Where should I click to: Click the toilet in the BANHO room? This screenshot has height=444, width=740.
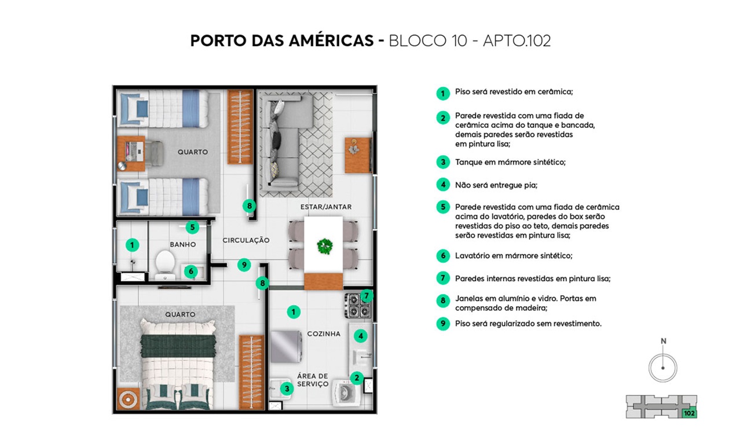tap(165, 265)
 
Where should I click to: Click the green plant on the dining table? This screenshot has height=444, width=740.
tap(325, 247)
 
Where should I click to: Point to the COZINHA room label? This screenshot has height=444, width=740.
tap(324, 333)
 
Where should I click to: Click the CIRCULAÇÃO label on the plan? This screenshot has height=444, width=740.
tap(246, 240)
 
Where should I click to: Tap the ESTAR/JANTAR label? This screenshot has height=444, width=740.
tap(326, 207)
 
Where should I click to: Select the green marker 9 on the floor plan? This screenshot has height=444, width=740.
tap(244, 265)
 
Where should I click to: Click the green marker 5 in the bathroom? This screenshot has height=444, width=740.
tap(192, 227)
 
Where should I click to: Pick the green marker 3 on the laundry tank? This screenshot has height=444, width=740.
tap(287, 389)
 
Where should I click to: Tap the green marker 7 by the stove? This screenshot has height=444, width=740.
tap(367, 296)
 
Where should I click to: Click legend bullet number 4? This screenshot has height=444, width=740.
tap(443, 185)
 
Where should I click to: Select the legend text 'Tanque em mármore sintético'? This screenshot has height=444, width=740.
tap(510, 162)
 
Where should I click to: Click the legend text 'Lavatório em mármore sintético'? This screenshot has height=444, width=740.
tap(514, 256)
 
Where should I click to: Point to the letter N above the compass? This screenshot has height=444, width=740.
tap(663, 342)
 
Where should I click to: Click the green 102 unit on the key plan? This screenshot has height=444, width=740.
tap(689, 413)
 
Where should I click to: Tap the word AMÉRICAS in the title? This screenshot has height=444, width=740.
tap(331, 41)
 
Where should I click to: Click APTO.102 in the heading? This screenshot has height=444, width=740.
tap(516, 41)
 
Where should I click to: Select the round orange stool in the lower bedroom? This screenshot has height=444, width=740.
tap(128, 399)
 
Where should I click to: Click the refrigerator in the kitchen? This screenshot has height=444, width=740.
tap(286, 347)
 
